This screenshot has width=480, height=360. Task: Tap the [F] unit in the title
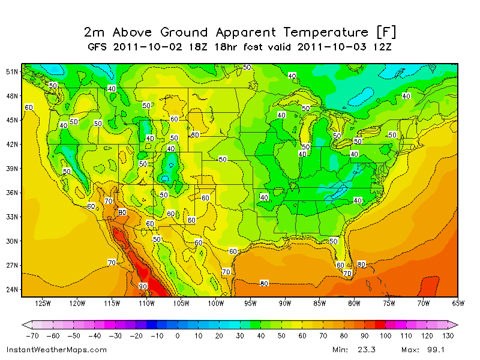pos(385,32)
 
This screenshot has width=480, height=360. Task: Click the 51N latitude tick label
pos(12,71)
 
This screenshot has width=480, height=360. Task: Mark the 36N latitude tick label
pos(12,193)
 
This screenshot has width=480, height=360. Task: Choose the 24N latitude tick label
pos(12,289)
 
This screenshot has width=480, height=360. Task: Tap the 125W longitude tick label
pos(43,303)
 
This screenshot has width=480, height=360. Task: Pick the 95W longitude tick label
pos(250,303)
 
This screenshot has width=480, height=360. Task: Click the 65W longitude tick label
pos(458,303)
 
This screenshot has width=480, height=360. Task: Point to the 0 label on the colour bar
pos(177,336)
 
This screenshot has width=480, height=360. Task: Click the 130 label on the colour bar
pos(447,336)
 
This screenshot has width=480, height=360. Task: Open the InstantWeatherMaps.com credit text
pos(56,349)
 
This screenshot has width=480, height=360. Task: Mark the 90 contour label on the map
pos(143,286)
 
